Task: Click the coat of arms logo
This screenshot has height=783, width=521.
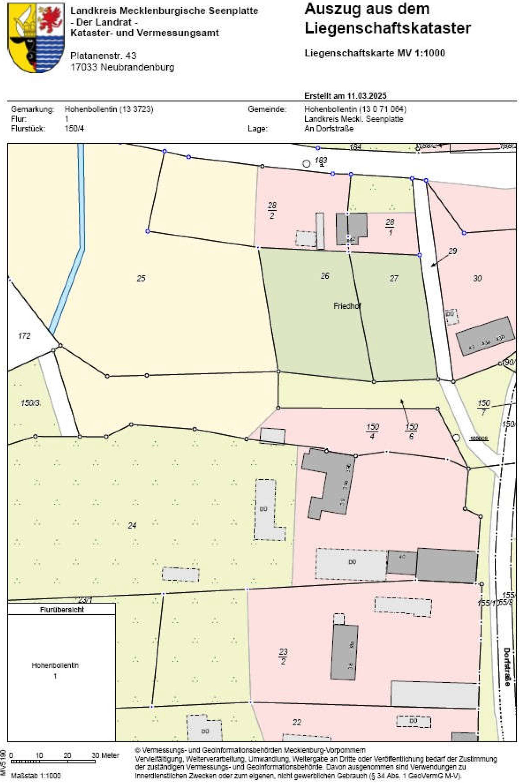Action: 36,38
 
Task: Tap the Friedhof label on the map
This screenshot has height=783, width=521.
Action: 347,306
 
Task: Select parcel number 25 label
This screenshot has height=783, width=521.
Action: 141,278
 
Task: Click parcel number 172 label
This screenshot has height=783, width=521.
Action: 24,336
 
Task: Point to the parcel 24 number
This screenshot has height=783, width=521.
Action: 132,525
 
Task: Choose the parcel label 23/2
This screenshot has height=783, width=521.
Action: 284,656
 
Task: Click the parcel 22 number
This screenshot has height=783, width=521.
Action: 297,722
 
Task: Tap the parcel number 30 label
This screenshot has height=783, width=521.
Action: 477,278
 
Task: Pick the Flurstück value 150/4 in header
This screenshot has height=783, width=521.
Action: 74,128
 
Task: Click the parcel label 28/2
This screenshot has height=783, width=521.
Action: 272,210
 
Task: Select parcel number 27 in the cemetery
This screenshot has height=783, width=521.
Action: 394,278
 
